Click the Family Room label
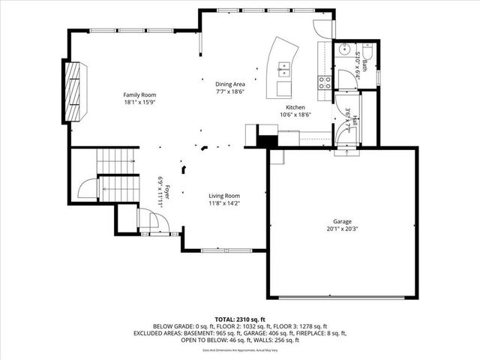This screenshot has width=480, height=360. click(139, 94)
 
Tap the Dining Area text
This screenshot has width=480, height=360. click(230, 84)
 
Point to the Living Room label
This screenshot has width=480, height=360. click(224, 196)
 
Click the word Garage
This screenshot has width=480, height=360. click(343, 222)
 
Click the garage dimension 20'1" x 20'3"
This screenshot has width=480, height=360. click(343, 230)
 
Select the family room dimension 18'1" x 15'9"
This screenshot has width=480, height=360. click(139, 103)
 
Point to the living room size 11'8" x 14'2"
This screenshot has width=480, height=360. click(224, 203)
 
